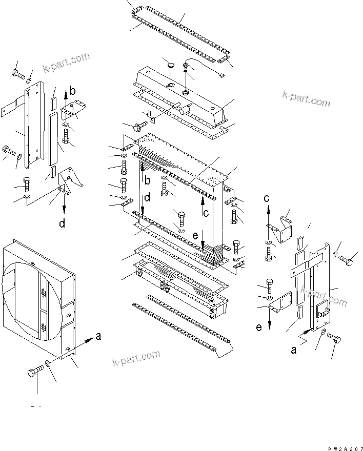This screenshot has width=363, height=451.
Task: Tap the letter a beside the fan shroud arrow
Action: pyautogui.click(x=98, y=337)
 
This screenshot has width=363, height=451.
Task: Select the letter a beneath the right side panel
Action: pyautogui.click(x=294, y=350)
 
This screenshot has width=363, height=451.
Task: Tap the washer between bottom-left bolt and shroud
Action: pyautogui.click(x=48, y=363)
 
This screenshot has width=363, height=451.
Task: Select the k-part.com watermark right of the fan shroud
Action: pyautogui.click(x=136, y=359)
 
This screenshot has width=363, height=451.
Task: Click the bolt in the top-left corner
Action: pyautogui.click(x=17, y=75)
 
